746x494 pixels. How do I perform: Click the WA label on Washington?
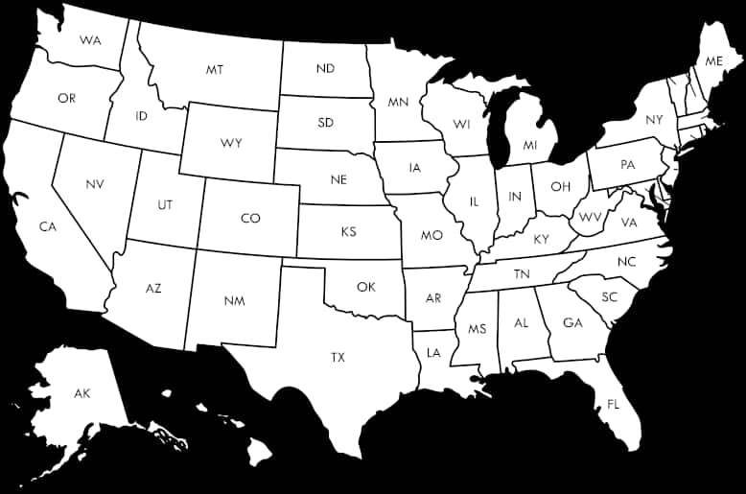91,40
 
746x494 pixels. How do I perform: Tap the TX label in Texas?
338,357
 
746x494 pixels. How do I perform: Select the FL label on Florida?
613,404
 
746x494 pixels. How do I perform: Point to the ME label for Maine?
713,60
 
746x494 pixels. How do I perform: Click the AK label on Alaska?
82,393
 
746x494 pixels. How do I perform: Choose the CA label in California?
47,226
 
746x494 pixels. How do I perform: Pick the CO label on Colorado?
250,219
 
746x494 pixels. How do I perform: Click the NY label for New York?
654,120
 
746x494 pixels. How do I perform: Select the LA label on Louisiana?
433,353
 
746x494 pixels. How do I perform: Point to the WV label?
591,216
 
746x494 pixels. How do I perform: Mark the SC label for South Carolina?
610,296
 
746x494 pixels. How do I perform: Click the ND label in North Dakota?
325,69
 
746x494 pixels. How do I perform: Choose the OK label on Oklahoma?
365,287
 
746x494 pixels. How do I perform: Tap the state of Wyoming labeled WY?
231,143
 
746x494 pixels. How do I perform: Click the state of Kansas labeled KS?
348,232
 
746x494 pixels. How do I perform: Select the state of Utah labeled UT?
165,204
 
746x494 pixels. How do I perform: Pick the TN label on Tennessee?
522,274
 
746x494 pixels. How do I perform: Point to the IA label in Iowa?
414,168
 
